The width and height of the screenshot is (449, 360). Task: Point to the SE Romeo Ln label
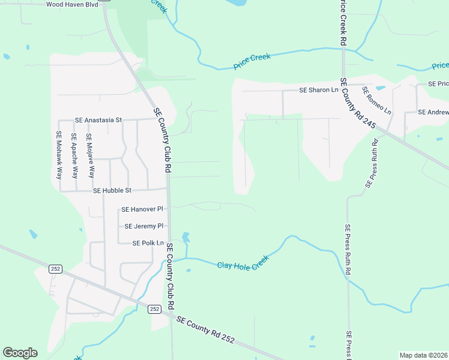coord(377,100)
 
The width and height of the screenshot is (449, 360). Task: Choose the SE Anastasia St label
coord(98,120)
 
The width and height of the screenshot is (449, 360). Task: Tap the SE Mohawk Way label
coord(59,155)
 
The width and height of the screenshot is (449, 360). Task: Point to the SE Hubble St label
coord(112,190)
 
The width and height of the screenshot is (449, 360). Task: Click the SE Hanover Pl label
coord(142,209)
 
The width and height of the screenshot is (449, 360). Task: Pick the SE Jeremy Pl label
coord(143,226)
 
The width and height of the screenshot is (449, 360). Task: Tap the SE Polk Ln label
coord(148,243)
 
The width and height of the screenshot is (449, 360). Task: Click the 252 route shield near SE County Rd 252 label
coord(155,308)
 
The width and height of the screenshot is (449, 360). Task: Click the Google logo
coord(20,353)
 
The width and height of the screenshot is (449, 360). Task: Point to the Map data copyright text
coord(423,355)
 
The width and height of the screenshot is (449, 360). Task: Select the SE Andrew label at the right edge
coord(433,112)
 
